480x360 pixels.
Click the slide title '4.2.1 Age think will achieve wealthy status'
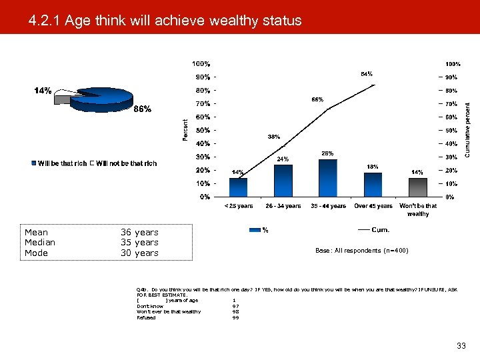(165, 21)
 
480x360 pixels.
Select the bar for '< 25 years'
(238, 187)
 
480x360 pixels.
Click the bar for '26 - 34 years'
(283, 181)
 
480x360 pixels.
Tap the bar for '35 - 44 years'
(328, 178)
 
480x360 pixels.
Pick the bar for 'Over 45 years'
(373, 185)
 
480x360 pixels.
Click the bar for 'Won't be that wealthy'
(417, 187)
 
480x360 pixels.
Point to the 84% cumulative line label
(366, 73)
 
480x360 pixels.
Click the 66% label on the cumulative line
(318, 100)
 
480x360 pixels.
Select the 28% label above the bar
(327, 154)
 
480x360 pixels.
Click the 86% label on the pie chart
(142, 109)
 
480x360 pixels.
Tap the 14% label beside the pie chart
(43, 91)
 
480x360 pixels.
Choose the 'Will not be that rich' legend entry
(124, 163)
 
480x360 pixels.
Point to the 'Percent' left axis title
(185, 129)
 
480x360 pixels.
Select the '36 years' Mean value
(139, 233)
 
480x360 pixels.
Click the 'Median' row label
(40, 243)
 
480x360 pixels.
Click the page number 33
(461, 345)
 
